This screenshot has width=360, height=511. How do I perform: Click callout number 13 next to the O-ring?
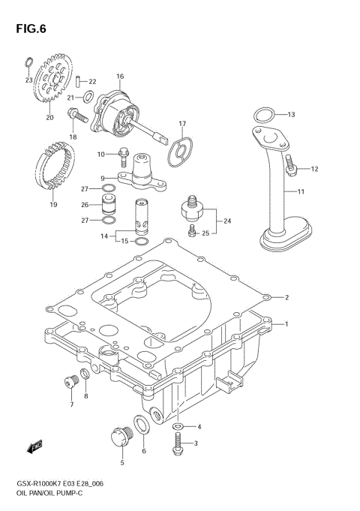[292, 115]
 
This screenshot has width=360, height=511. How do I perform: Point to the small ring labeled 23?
[28, 62]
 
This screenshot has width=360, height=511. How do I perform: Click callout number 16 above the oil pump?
[120, 77]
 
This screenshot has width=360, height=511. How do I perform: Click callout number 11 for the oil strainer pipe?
[301, 193]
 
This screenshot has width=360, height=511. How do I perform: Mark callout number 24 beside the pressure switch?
[227, 221]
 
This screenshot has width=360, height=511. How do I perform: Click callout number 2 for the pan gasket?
[286, 297]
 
